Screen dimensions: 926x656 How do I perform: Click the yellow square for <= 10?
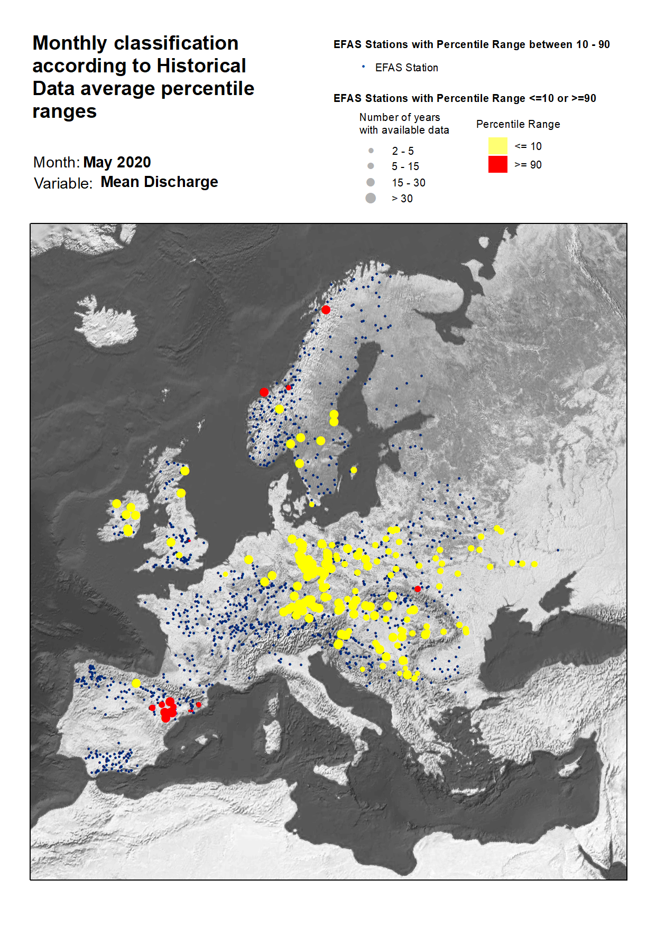(497, 146)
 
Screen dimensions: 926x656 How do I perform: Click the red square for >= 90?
(497, 164)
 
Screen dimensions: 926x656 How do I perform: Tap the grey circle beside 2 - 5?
(371, 151)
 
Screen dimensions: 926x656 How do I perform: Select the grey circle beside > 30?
(371, 198)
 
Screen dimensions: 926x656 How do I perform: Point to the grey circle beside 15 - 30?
(371, 182)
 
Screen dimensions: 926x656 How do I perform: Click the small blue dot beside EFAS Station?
(363, 67)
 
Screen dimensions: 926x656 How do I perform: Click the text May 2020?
(117, 162)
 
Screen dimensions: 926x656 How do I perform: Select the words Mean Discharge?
(159, 182)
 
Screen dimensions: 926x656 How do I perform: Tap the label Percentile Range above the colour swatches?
(518, 124)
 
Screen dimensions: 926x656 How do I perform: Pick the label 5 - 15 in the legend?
(405, 166)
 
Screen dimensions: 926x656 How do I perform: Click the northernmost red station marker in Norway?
(326, 310)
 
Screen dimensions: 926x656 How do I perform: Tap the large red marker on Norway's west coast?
(264, 392)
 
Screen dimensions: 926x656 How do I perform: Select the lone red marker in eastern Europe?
(418, 588)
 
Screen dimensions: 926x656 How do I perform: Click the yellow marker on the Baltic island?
(354, 470)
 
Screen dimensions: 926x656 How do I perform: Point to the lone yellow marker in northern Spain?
(136, 683)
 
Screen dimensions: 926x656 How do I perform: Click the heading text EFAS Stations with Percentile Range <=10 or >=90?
(465, 98)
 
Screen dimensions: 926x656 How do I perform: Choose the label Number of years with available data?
(404, 124)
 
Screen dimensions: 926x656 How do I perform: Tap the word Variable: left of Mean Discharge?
(63, 183)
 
